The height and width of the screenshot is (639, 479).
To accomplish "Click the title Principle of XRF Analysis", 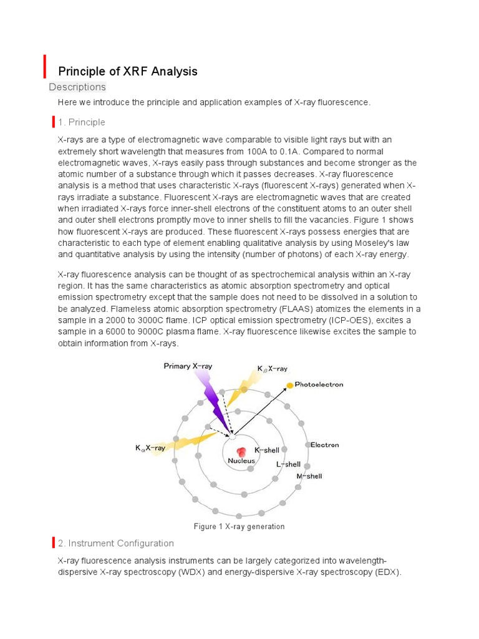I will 127,71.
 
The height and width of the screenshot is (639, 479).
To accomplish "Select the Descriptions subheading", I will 77,87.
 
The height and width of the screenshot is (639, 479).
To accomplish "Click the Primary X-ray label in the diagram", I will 187,366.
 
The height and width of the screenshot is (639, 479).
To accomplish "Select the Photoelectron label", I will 319,384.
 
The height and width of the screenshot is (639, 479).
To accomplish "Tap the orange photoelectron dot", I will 289,385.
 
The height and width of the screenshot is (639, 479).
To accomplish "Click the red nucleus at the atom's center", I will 241,452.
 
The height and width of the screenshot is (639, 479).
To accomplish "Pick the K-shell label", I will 267,450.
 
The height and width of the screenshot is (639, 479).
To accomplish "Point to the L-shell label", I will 288,464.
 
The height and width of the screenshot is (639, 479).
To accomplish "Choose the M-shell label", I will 309,476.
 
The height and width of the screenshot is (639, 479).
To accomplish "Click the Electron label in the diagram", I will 324,445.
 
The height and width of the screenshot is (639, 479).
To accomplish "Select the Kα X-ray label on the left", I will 150,447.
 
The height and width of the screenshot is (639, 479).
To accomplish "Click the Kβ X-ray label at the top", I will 272,369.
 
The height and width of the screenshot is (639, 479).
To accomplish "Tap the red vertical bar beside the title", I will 45,66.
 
